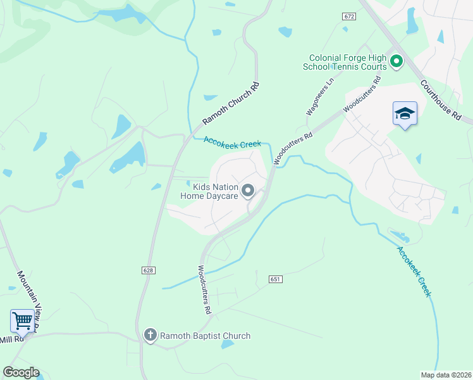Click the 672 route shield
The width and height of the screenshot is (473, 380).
pyautogui.click(x=349, y=16)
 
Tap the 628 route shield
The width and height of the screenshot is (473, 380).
pyautogui.click(x=148, y=270)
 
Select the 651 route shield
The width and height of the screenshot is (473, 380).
pyautogui.click(x=274, y=279)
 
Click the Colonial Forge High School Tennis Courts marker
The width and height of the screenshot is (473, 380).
pyautogui.click(x=396, y=61)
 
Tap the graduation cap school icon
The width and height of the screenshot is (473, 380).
pyautogui.click(x=405, y=114)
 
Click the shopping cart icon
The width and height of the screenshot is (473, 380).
pyautogui.click(x=23, y=320)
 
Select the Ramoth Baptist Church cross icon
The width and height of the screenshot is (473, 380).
pyautogui.click(x=150, y=335)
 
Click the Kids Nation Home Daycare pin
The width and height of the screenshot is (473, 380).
pyautogui.click(x=249, y=190)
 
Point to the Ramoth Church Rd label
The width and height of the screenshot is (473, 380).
pyautogui.click(x=231, y=103)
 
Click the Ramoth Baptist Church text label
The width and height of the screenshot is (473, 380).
pyautogui.click(x=205, y=336)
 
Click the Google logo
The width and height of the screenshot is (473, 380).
pyautogui.click(x=21, y=372)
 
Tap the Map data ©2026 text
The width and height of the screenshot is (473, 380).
pyautogui.click(x=446, y=374)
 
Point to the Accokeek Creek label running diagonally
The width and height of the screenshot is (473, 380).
pyautogui.click(x=414, y=271)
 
